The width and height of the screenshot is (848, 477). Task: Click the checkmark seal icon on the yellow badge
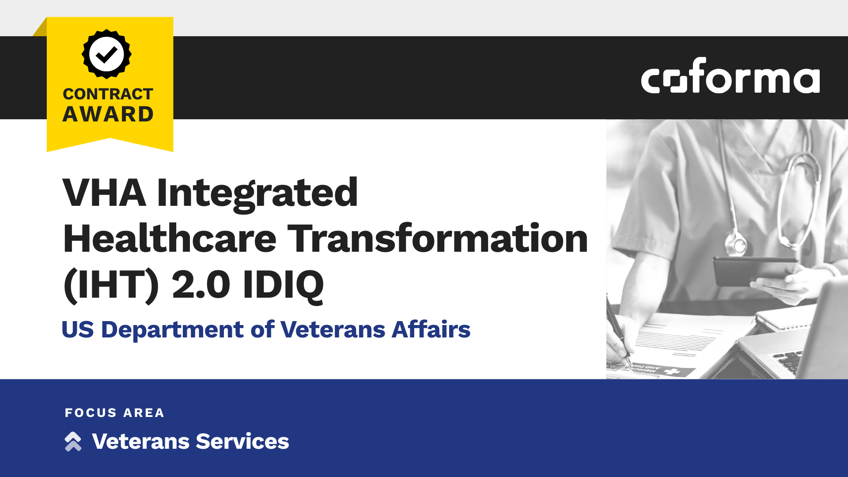point(106,54)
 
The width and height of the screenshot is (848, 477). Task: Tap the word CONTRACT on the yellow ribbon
point(108,94)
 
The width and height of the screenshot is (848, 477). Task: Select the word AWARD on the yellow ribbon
point(108,114)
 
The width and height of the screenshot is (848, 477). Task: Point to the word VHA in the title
point(104,193)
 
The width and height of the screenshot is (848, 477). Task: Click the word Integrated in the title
point(257,193)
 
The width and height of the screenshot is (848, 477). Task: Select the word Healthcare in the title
point(170,239)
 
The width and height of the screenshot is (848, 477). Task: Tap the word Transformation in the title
point(438,239)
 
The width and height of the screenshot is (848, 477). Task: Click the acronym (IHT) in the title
point(111,285)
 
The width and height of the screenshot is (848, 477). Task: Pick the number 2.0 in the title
point(201,285)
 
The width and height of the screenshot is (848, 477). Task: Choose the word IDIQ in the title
point(283,285)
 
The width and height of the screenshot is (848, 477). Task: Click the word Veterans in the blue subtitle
point(333,329)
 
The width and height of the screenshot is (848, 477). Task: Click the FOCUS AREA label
point(114,413)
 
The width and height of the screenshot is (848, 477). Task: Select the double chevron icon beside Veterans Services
point(73,441)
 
